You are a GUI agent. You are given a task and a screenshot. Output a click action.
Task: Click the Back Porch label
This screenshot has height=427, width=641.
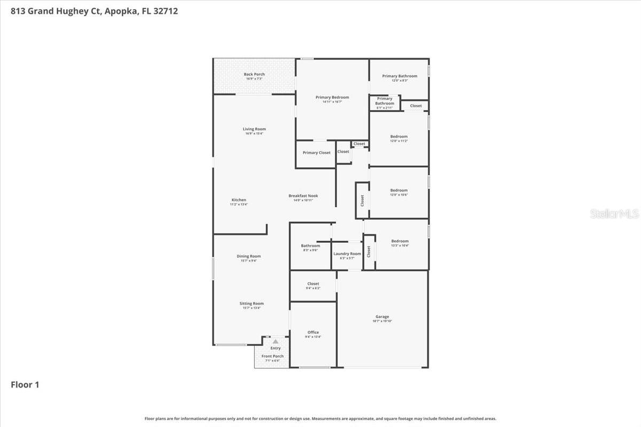pos(254,74)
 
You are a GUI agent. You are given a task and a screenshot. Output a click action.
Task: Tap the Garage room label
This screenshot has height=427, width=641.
pos(382,317)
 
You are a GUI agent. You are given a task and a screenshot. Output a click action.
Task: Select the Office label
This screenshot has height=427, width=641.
pos(313,332)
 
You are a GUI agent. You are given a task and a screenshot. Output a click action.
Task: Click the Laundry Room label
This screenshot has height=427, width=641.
pos(347,254)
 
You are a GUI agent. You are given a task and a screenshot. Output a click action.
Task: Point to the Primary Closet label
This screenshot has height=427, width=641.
pos(316,153)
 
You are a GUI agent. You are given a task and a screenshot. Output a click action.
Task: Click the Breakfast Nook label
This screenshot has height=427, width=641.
pos(303,196)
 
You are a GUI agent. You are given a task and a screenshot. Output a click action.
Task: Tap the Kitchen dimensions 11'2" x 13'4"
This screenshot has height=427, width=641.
pos(239,204)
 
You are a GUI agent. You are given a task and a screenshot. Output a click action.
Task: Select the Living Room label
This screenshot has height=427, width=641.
pos(254,129)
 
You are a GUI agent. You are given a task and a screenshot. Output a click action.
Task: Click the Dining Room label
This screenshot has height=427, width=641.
pos(249,256)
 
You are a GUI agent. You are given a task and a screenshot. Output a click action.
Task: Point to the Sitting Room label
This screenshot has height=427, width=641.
pos(252,304)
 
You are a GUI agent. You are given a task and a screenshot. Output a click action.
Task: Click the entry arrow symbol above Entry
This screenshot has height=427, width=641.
pos(275,342)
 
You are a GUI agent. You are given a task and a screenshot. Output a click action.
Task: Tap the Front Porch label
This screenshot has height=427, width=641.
pos(272,356)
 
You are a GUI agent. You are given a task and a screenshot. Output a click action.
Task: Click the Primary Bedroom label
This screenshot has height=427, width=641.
pos(332,97)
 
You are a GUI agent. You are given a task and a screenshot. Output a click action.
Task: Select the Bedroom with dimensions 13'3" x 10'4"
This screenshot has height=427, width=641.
pos(400,241)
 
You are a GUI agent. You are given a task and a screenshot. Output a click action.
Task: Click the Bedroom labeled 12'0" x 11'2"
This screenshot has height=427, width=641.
pos(398,137)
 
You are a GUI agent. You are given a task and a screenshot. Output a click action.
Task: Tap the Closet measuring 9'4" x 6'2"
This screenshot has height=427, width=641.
pos(313,284)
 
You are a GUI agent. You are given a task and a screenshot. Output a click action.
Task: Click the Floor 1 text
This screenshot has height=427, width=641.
pos(25,384)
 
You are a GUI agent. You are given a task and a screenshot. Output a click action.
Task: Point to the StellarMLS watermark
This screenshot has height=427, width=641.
pos(614,214)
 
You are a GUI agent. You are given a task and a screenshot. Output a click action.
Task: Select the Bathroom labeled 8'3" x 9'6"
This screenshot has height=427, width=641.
pos(310,246)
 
